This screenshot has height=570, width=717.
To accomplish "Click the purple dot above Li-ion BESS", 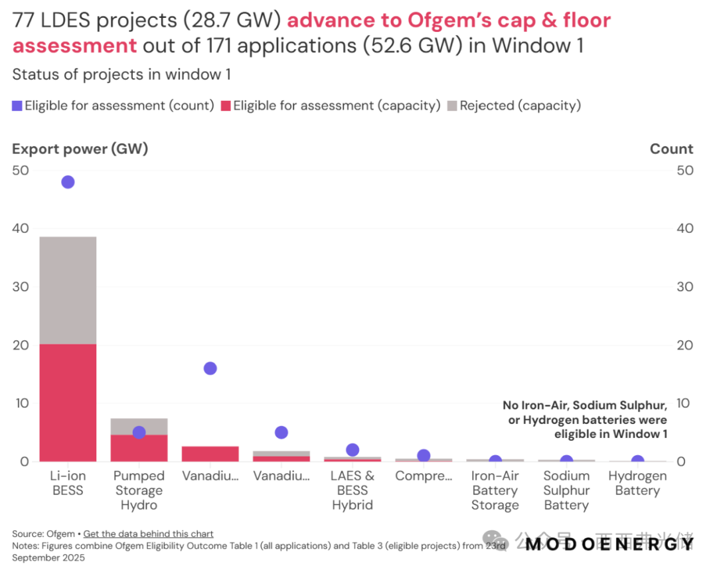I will coord(68,182).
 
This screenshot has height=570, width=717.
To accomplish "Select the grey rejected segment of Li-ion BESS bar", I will coord(68,290).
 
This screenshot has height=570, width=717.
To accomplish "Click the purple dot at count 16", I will coord(210,368).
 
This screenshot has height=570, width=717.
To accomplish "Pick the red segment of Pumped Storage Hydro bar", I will coord(139,450).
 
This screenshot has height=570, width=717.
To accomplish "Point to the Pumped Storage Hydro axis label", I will coord(139,490).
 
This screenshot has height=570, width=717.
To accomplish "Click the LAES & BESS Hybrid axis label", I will coord(353,490).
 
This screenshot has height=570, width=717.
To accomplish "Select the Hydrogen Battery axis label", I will coord(637,483).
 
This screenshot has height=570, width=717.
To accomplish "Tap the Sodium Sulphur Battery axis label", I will coord(566,490).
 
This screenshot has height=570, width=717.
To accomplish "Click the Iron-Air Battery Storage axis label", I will coord(495,490).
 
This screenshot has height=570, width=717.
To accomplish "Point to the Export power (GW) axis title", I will coord(80,149).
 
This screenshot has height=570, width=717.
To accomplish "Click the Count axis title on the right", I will coord(671,149).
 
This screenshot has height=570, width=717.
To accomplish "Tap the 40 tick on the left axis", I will coord(20,228).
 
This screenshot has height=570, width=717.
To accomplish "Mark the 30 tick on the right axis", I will coord(684,287).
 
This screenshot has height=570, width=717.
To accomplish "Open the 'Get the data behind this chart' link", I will coord(149,534).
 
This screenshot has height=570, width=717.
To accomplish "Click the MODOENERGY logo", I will coord(609,544).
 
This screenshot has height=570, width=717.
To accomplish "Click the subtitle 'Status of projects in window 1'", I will coord(121,74).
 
